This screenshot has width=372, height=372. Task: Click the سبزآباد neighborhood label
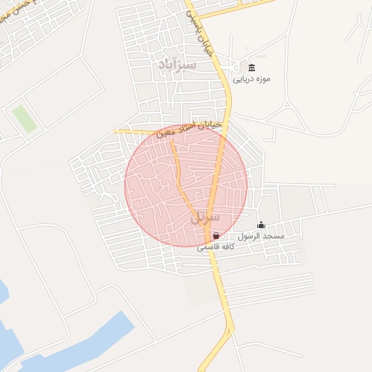pos(177,65)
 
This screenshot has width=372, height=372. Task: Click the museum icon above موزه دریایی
pos(251,68)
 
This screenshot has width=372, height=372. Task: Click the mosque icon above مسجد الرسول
pos(262,225)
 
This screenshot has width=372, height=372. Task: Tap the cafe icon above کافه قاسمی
pos(216,235)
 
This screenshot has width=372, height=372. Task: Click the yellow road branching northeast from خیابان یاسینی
pos(240,7)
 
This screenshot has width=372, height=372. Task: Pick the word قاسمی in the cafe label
pos(207,247)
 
